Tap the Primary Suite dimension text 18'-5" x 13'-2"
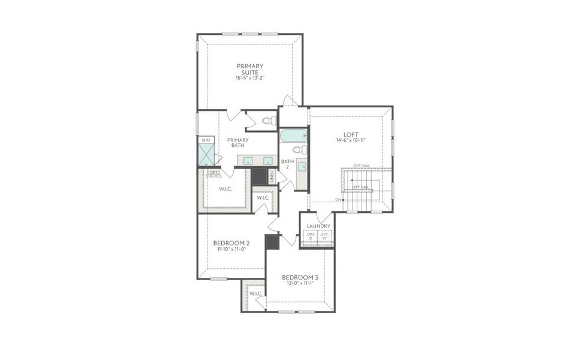(250, 78)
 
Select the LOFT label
(351, 134)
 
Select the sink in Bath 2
(302, 166)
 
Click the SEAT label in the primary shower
(206, 140)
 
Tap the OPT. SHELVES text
(214, 174)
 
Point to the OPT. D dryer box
(311, 236)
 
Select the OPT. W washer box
(324, 236)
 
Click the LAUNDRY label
(318, 226)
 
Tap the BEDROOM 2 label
(231, 243)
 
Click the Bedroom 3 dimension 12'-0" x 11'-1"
(300, 284)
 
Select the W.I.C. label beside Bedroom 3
(255, 293)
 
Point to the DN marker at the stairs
(338, 199)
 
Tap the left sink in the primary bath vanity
(248, 160)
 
